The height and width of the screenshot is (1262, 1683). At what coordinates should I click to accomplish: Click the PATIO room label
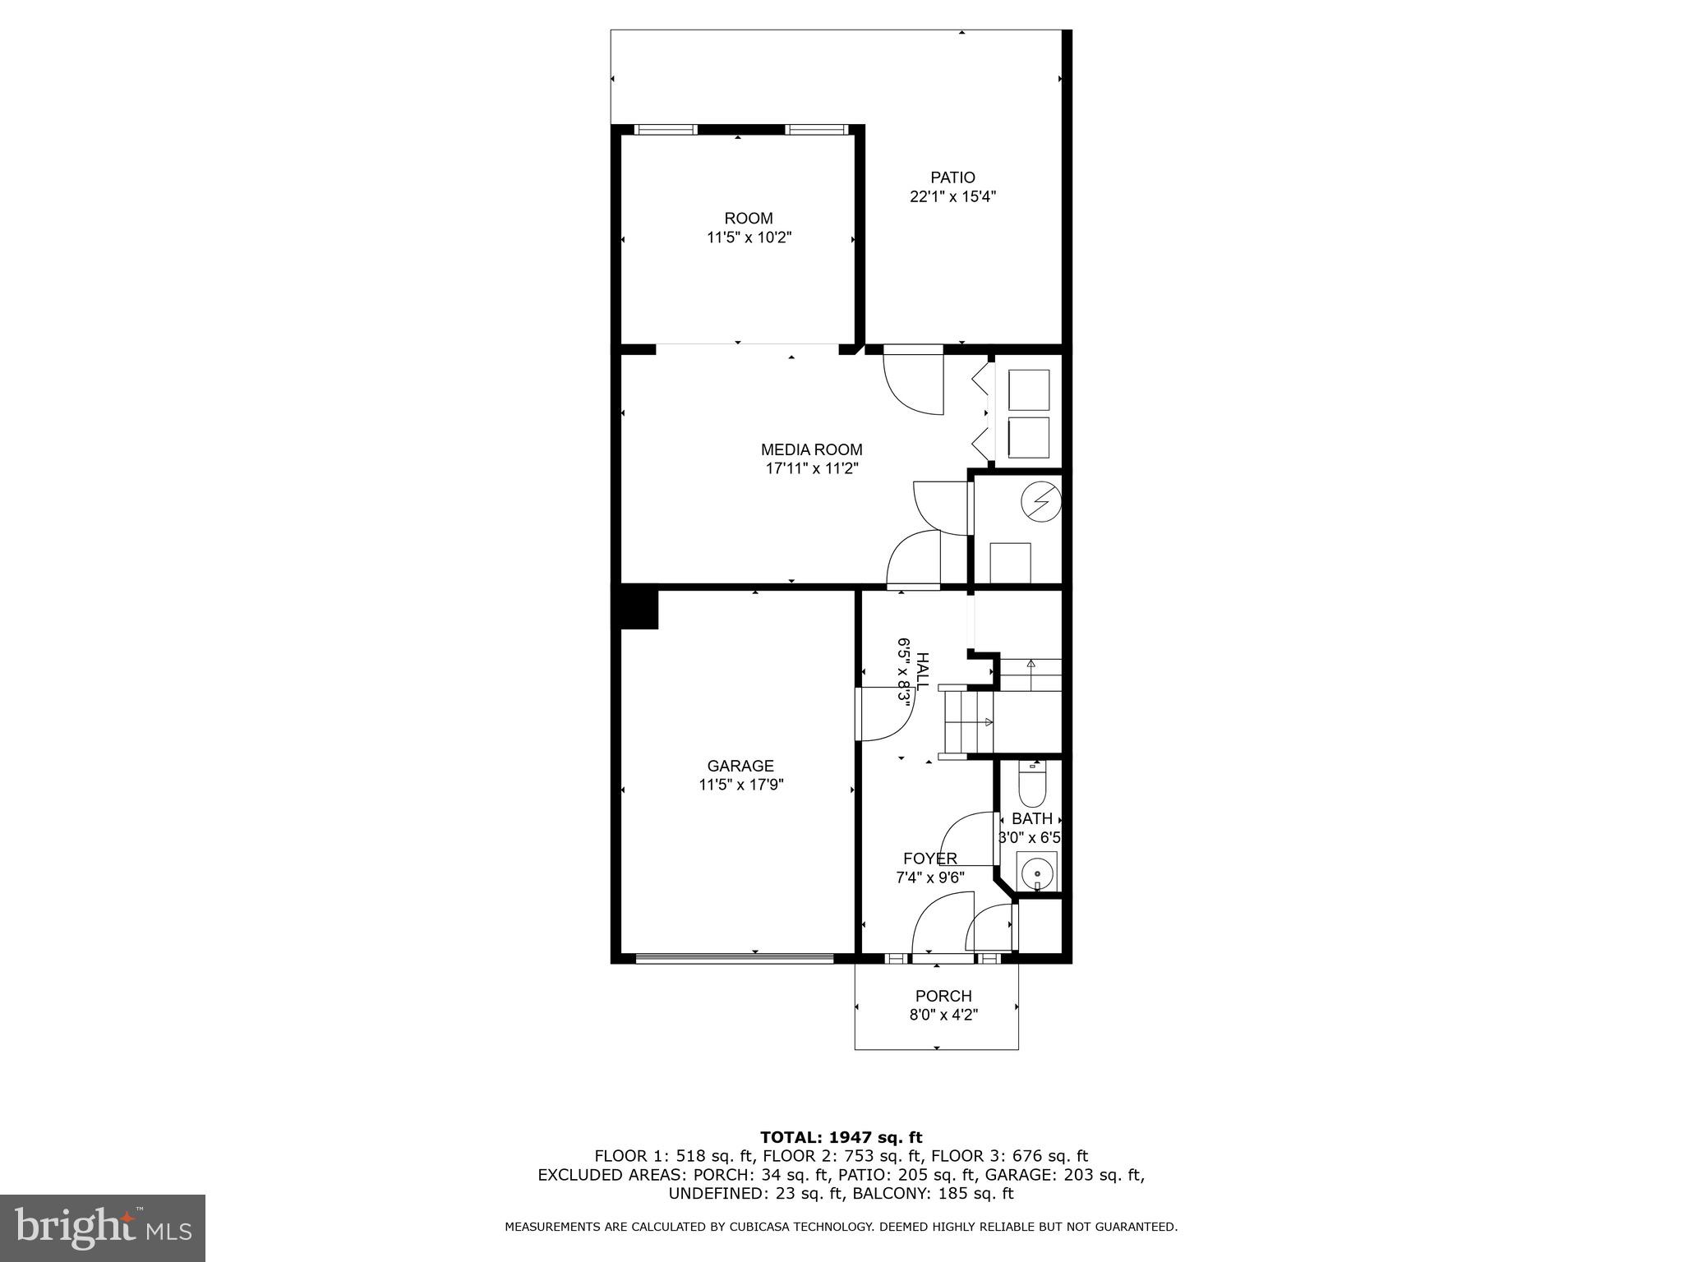(x=952, y=177)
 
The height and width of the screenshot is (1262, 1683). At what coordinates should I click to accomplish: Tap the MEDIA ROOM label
(x=811, y=450)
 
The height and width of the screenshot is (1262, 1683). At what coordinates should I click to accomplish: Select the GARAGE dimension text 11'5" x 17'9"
(x=740, y=785)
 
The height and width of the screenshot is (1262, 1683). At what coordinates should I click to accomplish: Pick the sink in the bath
(x=1037, y=873)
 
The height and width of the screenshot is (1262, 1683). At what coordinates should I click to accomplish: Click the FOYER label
(x=929, y=859)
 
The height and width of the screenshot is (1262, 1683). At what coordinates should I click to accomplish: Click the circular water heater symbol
(x=1040, y=500)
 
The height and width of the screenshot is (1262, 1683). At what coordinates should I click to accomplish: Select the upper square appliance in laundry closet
(x=1028, y=389)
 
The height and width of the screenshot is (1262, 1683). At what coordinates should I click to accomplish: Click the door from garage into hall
(x=883, y=715)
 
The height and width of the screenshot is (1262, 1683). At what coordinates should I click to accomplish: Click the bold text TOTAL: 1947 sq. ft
(x=841, y=1137)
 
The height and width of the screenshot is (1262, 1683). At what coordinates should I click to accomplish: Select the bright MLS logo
(x=103, y=1227)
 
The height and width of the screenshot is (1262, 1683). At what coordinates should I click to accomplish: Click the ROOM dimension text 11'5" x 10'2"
(x=749, y=238)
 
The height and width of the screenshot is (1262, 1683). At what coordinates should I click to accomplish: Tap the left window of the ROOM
(x=666, y=130)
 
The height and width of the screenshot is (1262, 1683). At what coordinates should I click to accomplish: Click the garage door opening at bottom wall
(x=735, y=958)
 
